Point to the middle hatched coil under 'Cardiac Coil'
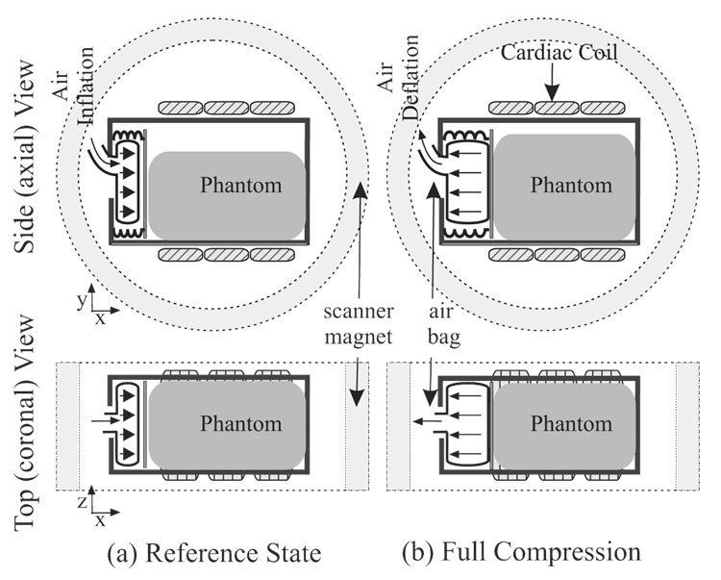click(552, 109)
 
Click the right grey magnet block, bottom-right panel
click(689, 425)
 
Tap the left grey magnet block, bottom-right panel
click(398, 425)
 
